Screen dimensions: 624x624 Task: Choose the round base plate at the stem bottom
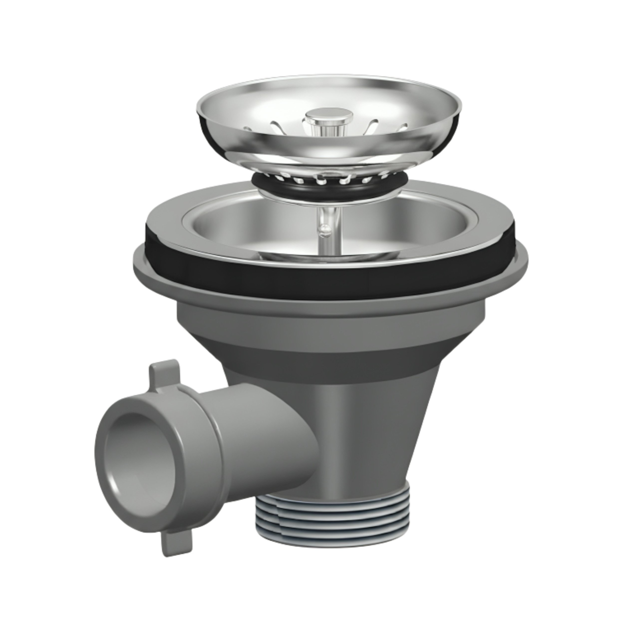point(326,257)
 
